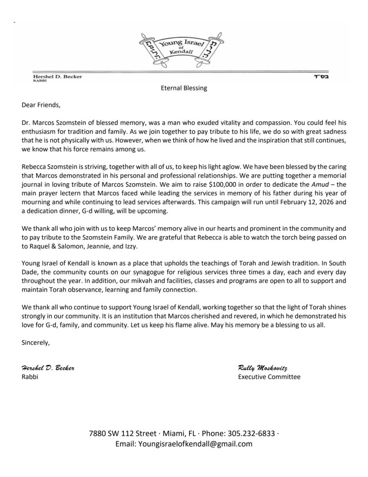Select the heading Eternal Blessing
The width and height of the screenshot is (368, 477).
coord(184,88)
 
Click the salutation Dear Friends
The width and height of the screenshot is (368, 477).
coord(41,105)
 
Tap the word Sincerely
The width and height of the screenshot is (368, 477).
coord(36,343)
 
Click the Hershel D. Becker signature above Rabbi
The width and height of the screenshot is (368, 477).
coord(48,368)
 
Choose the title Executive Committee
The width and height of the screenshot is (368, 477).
coord(269,377)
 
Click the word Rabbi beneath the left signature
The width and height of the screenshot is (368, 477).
coord(30,377)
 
